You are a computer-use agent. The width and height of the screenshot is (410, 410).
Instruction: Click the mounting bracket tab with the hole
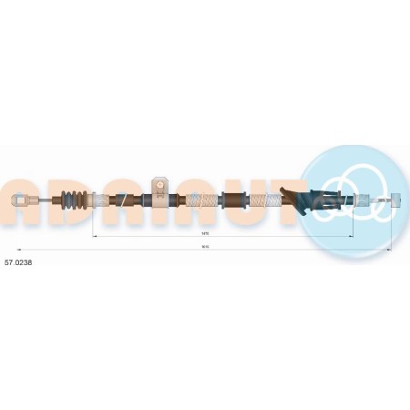click(158, 186)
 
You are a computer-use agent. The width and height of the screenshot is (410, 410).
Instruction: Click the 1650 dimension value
click(204, 247)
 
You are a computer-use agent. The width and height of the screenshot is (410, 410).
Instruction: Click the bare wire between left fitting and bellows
click(43, 200)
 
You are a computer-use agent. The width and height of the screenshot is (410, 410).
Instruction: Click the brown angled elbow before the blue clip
click(290, 196)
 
